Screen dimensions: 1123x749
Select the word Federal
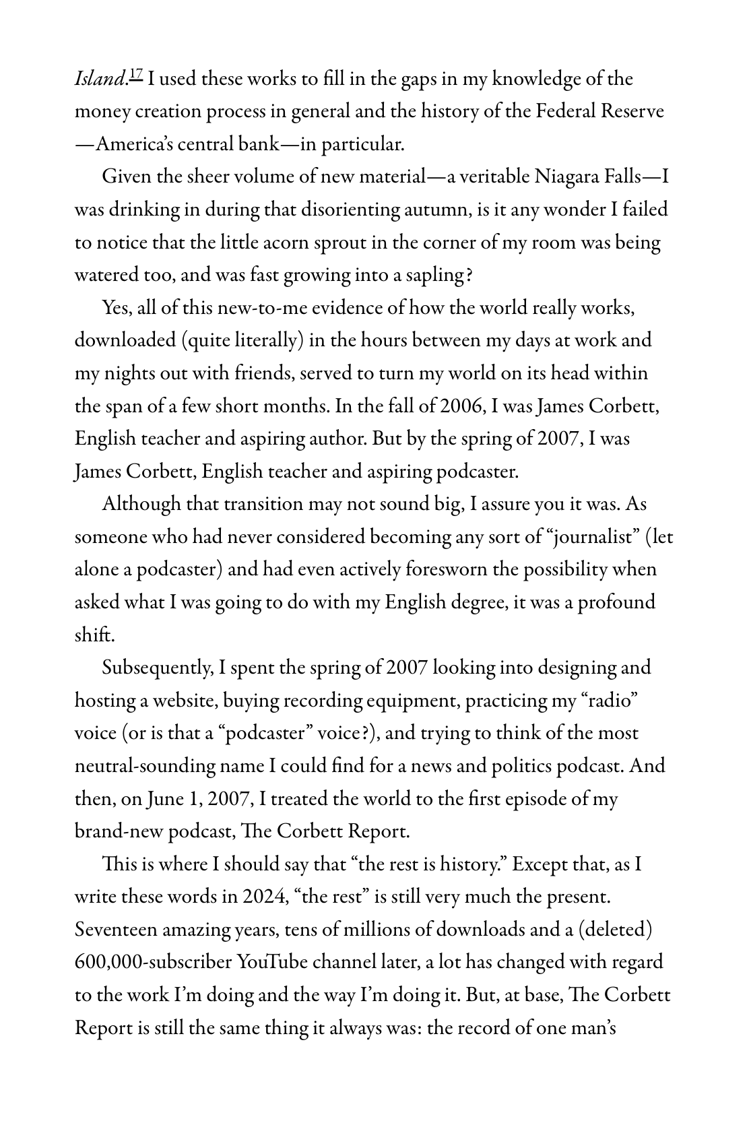click(567, 111)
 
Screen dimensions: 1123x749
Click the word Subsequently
click(156, 668)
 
